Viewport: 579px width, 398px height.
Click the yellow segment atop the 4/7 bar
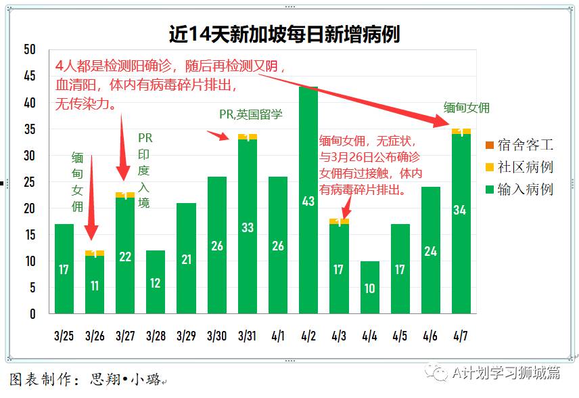pos(461,131)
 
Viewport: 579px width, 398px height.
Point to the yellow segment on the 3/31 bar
pos(248,137)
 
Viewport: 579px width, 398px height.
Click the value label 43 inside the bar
pos(308,201)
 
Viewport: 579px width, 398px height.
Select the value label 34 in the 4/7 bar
pos(460,210)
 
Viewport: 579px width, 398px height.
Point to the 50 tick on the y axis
pos(29,50)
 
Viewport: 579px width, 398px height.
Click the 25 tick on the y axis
pos(29,182)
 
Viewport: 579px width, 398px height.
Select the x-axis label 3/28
pos(156,336)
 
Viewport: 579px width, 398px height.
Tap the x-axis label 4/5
pos(400,336)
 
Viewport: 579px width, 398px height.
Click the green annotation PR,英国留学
pos(250,114)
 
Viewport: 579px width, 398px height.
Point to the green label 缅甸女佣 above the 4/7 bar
pos(466,107)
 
